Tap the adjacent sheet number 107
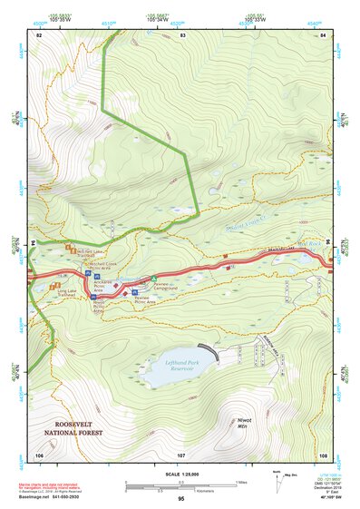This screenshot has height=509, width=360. pyautogui.click(x=180, y=454)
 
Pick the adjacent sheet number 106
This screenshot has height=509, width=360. pyautogui.click(x=39, y=454)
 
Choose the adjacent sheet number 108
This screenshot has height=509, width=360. pyautogui.click(x=323, y=454)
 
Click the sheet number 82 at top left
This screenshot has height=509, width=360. pyautogui.click(x=39, y=34)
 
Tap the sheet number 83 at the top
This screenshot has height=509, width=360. pyautogui.click(x=182, y=34)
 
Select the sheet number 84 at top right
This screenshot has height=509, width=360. pyautogui.click(x=323, y=34)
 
